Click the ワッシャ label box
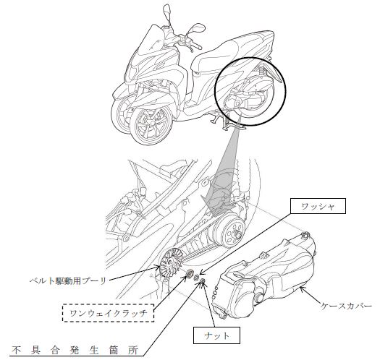pos(318,206)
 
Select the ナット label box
pos(216,335)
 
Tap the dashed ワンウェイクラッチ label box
pos(109,313)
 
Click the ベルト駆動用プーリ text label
pos(68,280)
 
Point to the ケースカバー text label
pos(346,306)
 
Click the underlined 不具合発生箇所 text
pos(75,350)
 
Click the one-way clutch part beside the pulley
pos(189,273)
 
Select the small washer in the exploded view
pos(197,278)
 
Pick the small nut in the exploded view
pos(203,280)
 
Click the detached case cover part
pos(264,276)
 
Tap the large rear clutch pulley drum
pos(229,232)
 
